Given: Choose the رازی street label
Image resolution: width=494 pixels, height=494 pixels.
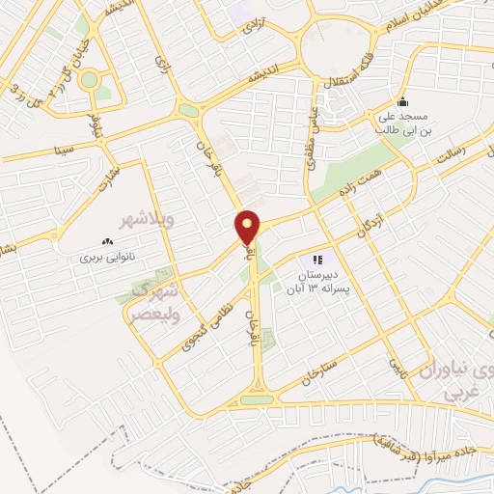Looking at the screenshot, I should coord(159,62).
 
